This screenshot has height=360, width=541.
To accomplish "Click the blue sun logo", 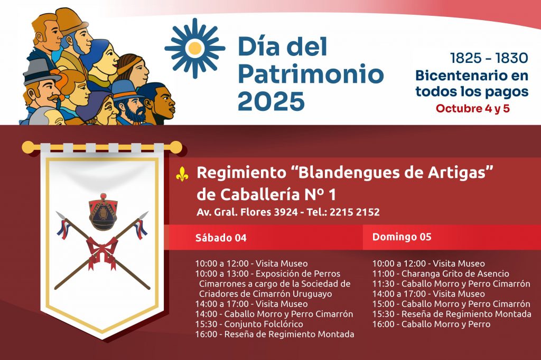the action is (194, 48).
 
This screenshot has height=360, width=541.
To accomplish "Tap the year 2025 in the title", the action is (271, 101).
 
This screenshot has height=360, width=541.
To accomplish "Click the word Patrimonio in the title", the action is (311, 74).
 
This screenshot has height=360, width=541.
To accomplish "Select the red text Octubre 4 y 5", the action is (472, 108).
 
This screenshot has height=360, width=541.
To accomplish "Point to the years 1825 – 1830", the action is (489, 58).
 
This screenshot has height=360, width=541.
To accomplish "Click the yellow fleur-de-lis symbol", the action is (182, 174).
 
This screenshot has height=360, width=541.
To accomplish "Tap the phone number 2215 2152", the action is (355, 212).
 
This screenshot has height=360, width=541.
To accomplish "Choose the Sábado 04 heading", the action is (221, 238).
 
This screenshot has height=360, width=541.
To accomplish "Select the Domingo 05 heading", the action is (402, 237).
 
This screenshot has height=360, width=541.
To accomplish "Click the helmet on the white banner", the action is (103, 212).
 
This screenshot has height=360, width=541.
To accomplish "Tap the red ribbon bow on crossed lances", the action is (102, 252).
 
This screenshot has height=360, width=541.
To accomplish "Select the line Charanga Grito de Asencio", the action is (441, 273).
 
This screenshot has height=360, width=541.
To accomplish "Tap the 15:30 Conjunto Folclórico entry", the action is (249, 324).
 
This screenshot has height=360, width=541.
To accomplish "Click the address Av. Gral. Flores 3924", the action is (247, 212).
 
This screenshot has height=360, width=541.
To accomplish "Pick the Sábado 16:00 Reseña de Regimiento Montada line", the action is (275, 334).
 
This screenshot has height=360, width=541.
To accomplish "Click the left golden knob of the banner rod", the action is (29, 147).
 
